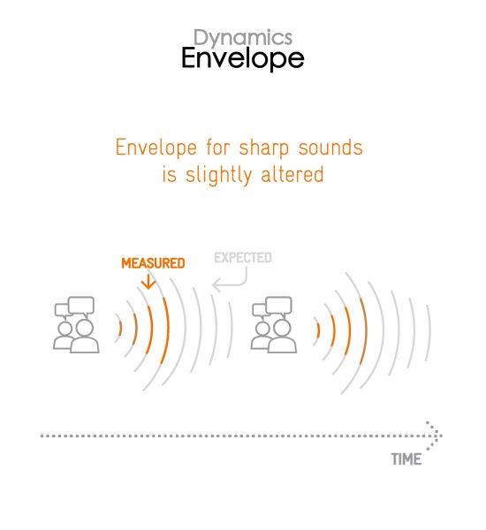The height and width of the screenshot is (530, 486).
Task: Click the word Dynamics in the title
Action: pos(243,38)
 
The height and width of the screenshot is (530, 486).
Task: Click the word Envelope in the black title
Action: pos(243,58)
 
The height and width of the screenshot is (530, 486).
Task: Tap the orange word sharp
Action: pos(264,148)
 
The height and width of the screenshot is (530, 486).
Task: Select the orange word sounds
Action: pos(330,148)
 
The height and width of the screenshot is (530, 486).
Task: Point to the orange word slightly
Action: pos(218,175)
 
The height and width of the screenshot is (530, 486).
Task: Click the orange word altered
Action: pos(292,174)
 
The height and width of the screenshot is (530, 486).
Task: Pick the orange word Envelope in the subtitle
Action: pos(156,148)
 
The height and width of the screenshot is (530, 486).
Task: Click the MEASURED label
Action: pos(153,263)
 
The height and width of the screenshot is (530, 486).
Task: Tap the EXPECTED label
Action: pos(243,258)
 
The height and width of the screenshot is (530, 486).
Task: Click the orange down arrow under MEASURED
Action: pos(148,282)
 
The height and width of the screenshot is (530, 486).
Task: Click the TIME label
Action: pos(406,459)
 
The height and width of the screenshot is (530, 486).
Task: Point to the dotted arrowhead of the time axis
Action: pos(435,435)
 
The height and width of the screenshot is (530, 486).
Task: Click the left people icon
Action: pos(76,325)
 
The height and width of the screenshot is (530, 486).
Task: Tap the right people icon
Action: pos(274,325)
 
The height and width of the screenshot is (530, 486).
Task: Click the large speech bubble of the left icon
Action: pos(81,306)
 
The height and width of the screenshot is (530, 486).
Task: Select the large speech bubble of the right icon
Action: pos(278,306)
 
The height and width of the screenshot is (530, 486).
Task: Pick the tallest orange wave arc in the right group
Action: pos(364,331)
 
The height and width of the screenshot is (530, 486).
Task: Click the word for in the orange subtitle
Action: pos(218,148)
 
